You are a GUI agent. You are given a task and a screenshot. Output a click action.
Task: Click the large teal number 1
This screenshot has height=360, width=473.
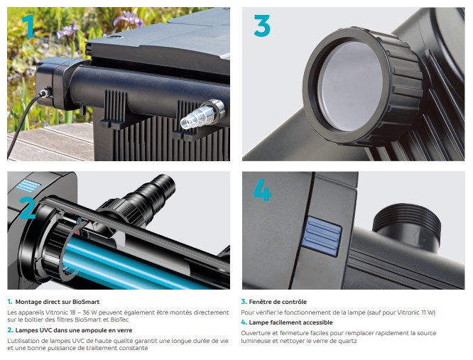(x=28, y=26)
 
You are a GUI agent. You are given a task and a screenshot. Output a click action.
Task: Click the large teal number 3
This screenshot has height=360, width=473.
(x=262, y=26)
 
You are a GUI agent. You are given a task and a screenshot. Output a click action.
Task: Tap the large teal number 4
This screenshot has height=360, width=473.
(x=262, y=190)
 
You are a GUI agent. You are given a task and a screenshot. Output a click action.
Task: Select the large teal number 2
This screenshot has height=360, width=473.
(x=27, y=208)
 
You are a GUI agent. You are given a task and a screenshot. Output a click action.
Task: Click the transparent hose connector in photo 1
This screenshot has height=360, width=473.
(x=202, y=114)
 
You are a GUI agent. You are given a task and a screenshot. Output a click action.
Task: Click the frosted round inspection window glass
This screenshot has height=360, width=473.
(x=350, y=87)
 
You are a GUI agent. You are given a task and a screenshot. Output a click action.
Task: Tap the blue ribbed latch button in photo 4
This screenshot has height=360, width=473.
(x=322, y=236)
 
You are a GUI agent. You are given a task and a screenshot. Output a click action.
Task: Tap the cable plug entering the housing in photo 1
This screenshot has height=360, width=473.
(x=45, y=92)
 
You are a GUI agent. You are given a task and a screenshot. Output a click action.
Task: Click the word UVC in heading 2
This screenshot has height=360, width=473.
(x=46, y=330)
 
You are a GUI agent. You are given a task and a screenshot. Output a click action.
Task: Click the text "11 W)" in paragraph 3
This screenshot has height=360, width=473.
(x=429, y=312)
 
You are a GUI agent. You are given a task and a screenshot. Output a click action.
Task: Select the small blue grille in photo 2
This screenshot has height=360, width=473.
(x=28, y=185)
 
